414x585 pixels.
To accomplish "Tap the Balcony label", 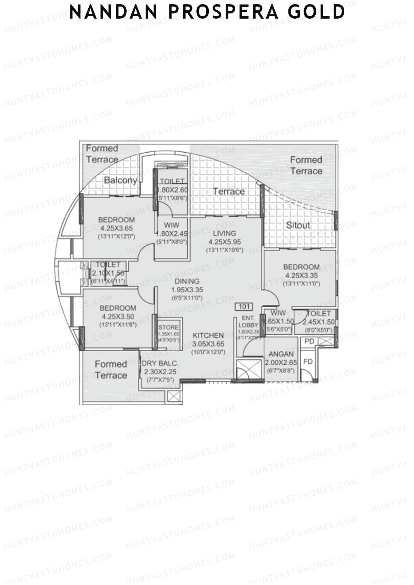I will coord(120,180).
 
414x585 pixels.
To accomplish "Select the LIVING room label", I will coord(224,233).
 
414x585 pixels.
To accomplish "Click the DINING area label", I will coord(187,281).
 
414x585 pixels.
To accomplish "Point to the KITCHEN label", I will coord(208,335).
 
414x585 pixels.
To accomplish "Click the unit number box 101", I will coord(244,306).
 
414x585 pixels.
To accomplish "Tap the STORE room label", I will coord(168,327).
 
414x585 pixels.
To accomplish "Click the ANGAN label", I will coord(281,354).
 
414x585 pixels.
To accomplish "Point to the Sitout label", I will coord(298,225).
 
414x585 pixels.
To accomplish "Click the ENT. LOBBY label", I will coord(248,321).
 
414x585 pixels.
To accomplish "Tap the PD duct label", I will coord(309,341).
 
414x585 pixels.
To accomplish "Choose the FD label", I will coord(308,361).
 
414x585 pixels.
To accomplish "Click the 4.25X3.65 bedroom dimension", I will coord(116,228).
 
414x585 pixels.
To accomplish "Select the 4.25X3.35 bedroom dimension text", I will coord(302,275).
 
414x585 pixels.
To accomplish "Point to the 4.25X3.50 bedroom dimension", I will coord(118,316).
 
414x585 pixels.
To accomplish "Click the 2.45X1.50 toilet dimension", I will coord(318,322).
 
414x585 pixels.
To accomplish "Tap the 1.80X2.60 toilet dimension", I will coord(172,190).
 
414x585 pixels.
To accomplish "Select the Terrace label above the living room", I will coord(229,191).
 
